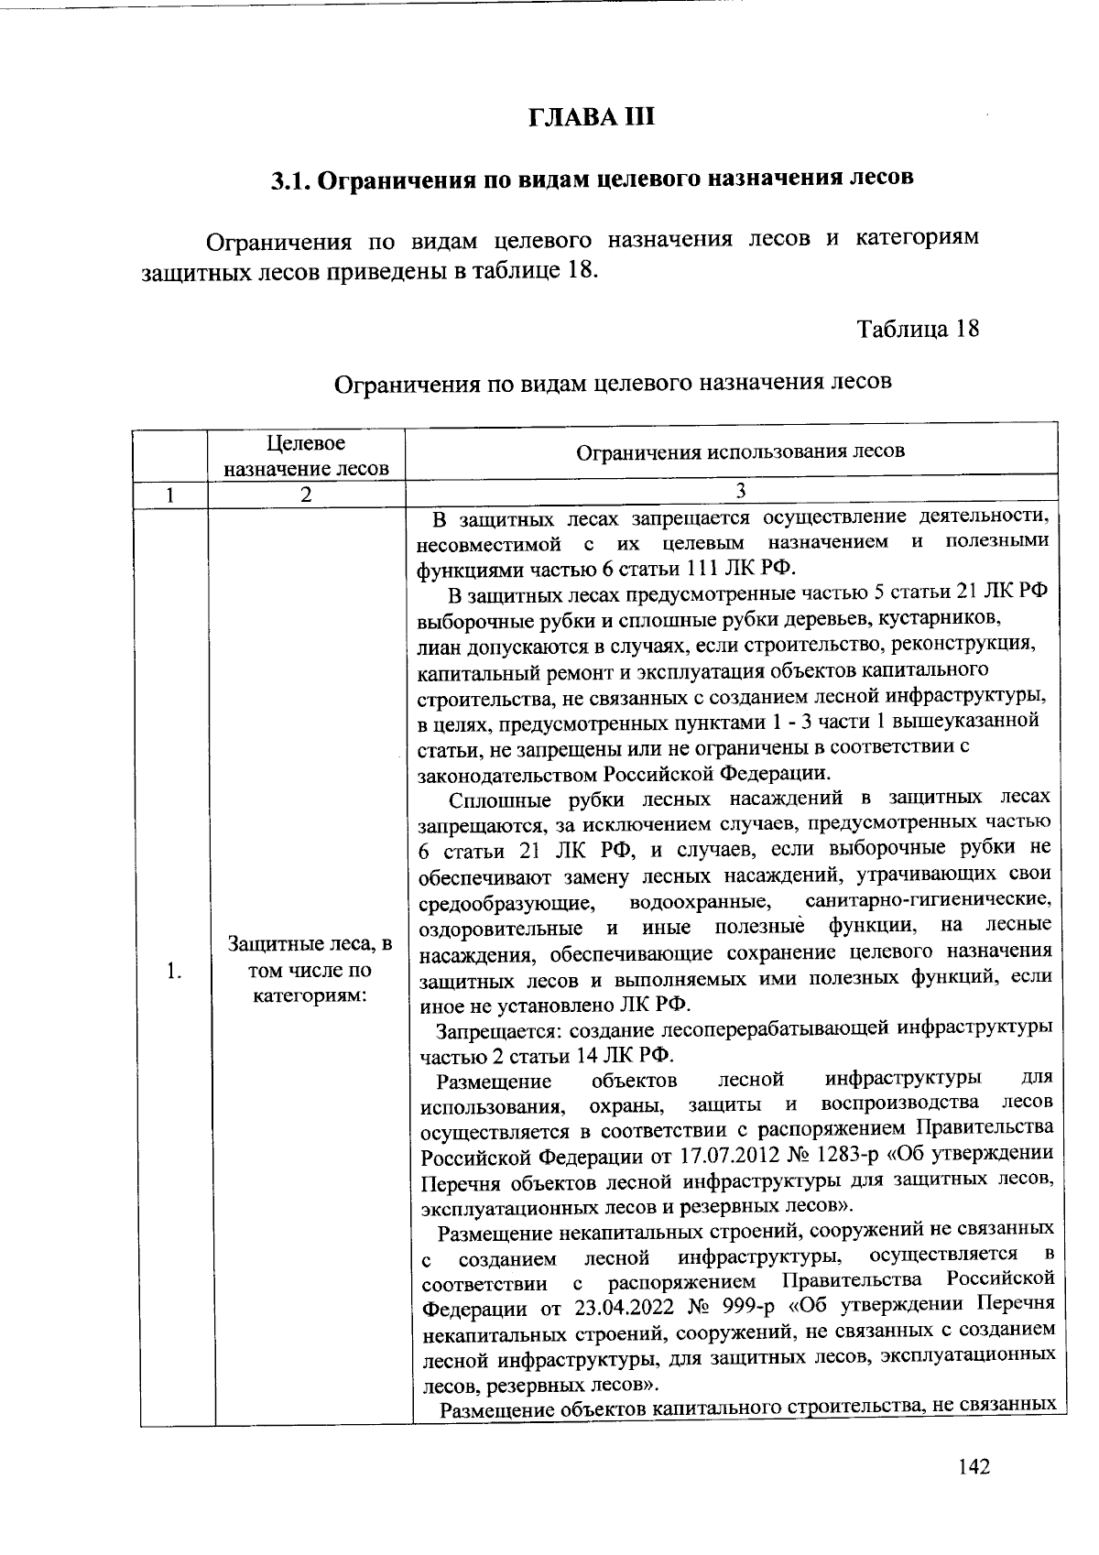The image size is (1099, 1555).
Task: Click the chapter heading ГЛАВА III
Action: click(593, 118)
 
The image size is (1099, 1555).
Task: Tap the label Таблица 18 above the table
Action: click(918, 328)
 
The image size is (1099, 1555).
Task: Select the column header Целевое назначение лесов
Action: click(306, 456)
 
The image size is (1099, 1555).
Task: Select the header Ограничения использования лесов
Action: click(740, 451)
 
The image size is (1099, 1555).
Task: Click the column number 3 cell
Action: click(739, 492)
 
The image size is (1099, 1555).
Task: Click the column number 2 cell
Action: click(306, 495)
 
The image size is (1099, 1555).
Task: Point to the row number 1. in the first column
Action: click(174, 971)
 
